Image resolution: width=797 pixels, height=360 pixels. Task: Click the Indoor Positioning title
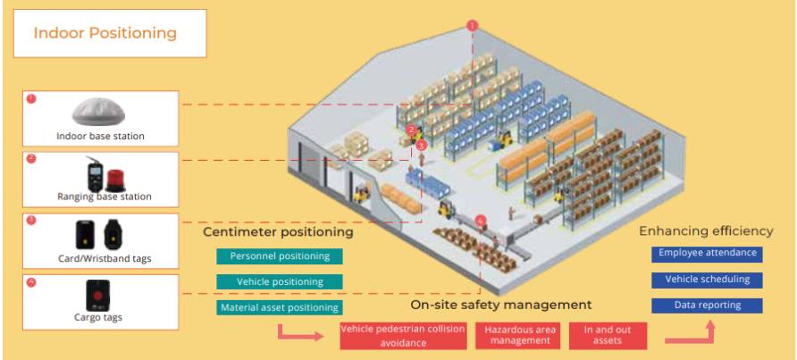point(105,33)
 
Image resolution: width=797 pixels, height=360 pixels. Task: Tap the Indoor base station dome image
point(101,112)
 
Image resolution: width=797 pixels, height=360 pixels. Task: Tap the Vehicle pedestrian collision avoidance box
point(402,334)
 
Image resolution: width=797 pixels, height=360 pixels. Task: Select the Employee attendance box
point(706,254)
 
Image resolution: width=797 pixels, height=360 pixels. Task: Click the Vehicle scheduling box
point(706,280)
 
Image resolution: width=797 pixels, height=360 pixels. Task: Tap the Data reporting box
point(706,306)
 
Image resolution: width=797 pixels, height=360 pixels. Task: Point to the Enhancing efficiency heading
point(706,231)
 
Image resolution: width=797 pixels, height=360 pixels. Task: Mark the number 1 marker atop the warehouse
point(473,26)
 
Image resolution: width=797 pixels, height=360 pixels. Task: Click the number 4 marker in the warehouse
point(482,219)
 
